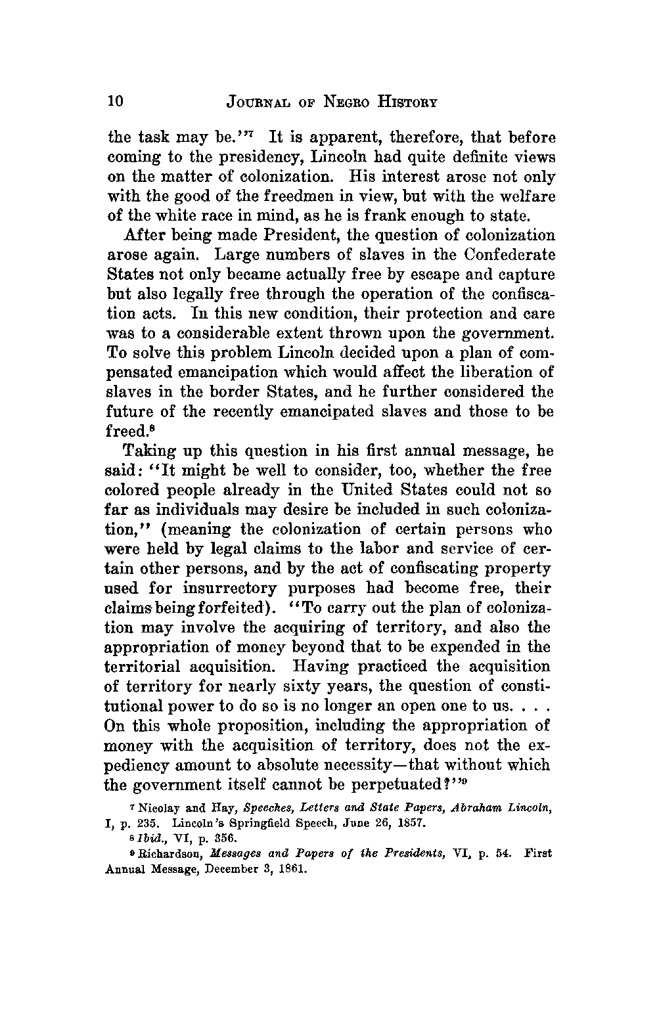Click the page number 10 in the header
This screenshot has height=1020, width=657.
[x=115, y=101]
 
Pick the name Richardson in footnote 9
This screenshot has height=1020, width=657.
[x=162, y=854]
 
